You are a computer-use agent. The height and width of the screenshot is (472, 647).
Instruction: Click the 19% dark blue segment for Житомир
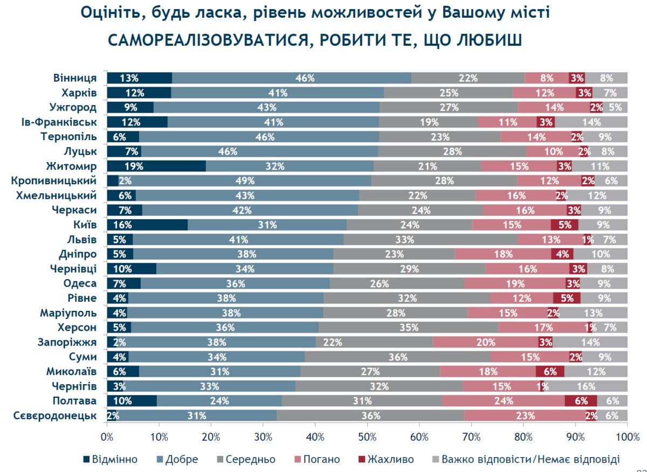click(156, 166)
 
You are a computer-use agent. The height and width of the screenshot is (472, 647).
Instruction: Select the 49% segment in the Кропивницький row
click(245, 181)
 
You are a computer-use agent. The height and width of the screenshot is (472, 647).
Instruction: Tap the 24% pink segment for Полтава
click(503, 400)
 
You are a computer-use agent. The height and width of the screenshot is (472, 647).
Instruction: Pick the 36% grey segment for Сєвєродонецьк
click(370, 415)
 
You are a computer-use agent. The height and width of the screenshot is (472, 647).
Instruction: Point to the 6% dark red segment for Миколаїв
click(549, 371)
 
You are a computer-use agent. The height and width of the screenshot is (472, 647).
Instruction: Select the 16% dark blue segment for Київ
click(147, 225)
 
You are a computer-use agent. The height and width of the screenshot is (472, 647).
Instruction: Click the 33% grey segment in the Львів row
click(430, 239)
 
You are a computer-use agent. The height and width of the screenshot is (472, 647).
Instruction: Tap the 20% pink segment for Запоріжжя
click(485, 342)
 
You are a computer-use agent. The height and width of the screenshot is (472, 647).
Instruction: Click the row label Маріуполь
click(68, 313)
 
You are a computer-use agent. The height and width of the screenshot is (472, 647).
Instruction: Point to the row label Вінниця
click(75, 78)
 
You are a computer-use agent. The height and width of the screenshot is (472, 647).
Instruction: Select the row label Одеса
click(80, 283)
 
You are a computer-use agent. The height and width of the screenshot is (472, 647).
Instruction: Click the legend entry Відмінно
click(110, 459)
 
